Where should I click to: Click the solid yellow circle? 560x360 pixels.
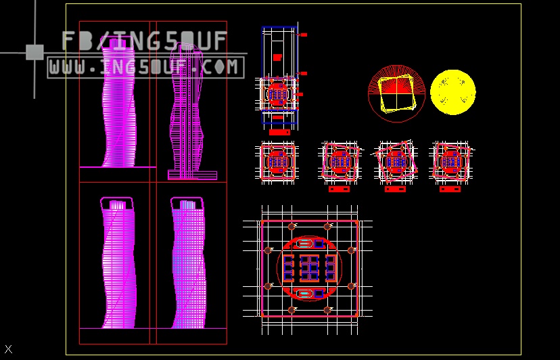(x=453, y=92)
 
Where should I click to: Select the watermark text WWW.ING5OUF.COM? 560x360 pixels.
(x=145, y=67)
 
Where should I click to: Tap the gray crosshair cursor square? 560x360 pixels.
(x=34, y=52)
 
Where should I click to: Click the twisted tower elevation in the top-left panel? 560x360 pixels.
(x=118, y=102)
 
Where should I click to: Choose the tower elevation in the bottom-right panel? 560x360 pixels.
(x=188, y=264)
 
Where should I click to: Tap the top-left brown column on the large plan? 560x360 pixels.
(x=291, y=226)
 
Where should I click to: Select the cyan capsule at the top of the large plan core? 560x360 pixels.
(x=305, y=243)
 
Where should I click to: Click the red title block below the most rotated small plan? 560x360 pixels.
(x=395, y=189)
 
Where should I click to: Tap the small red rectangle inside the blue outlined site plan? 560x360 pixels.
(x=277, y=58)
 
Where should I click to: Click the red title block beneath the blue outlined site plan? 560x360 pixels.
(x=279, y=132)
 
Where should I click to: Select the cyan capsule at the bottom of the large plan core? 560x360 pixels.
(x=305, y=294)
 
